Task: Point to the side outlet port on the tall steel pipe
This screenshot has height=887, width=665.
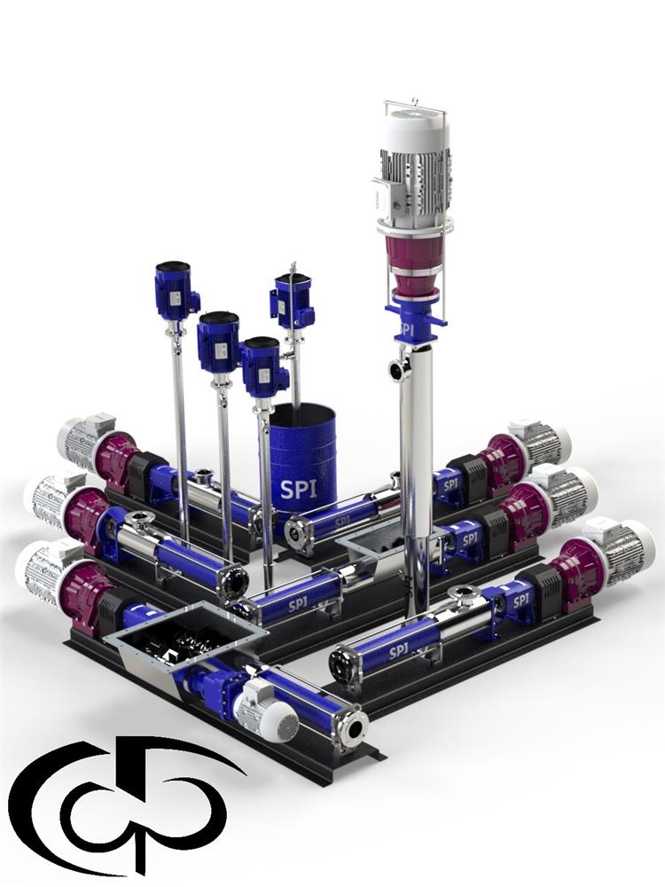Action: coord(399,369)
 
